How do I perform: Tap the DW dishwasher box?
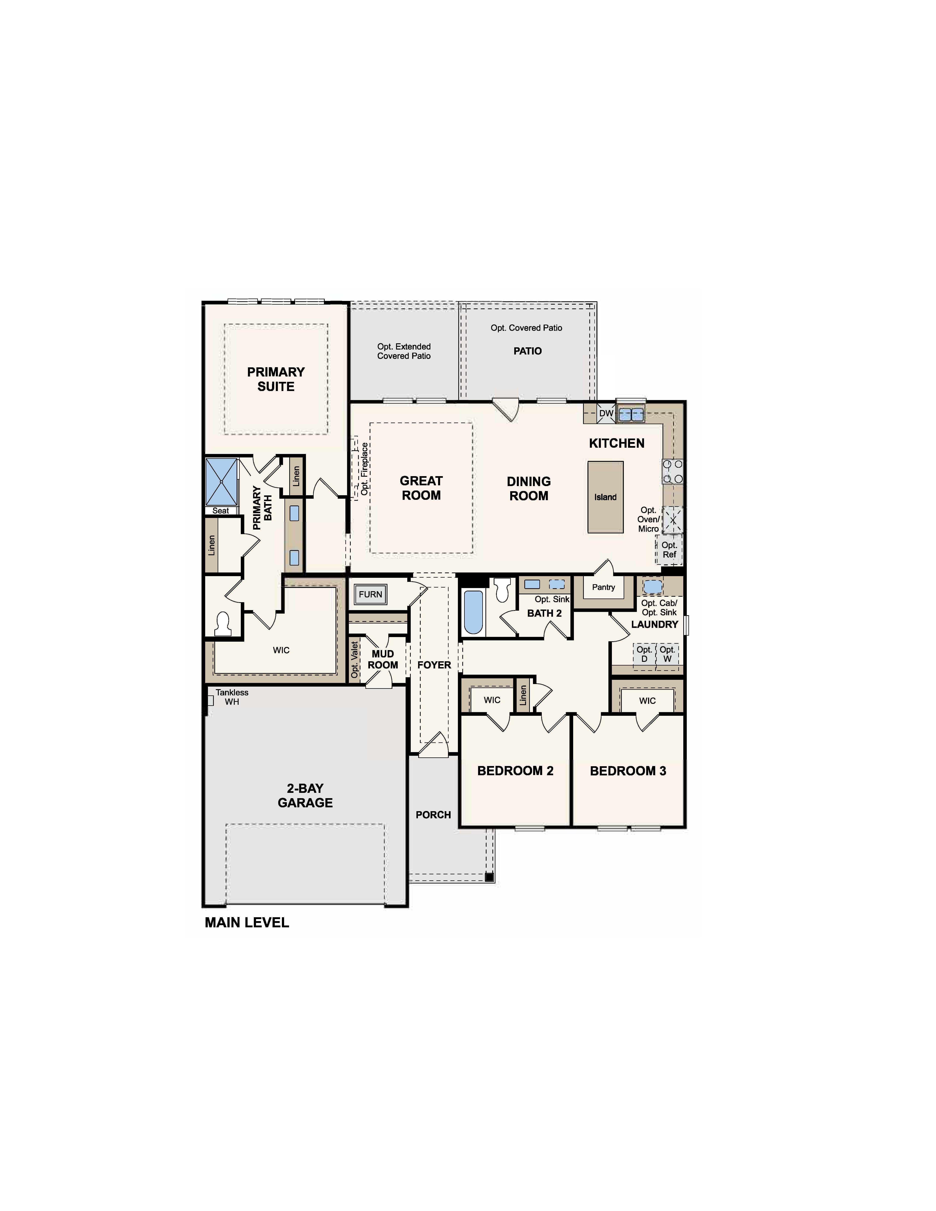(x=606, y=413)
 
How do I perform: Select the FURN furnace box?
(x=370, y=594)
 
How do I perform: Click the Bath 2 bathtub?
(x=473, y=612)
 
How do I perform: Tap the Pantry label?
(x=603, y=587)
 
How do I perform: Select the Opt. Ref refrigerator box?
(x=669, y=550)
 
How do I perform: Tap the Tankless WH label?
(x=232, y=697)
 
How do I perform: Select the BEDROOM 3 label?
(x=628, y=771)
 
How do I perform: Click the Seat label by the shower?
(x=221, y=511)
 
